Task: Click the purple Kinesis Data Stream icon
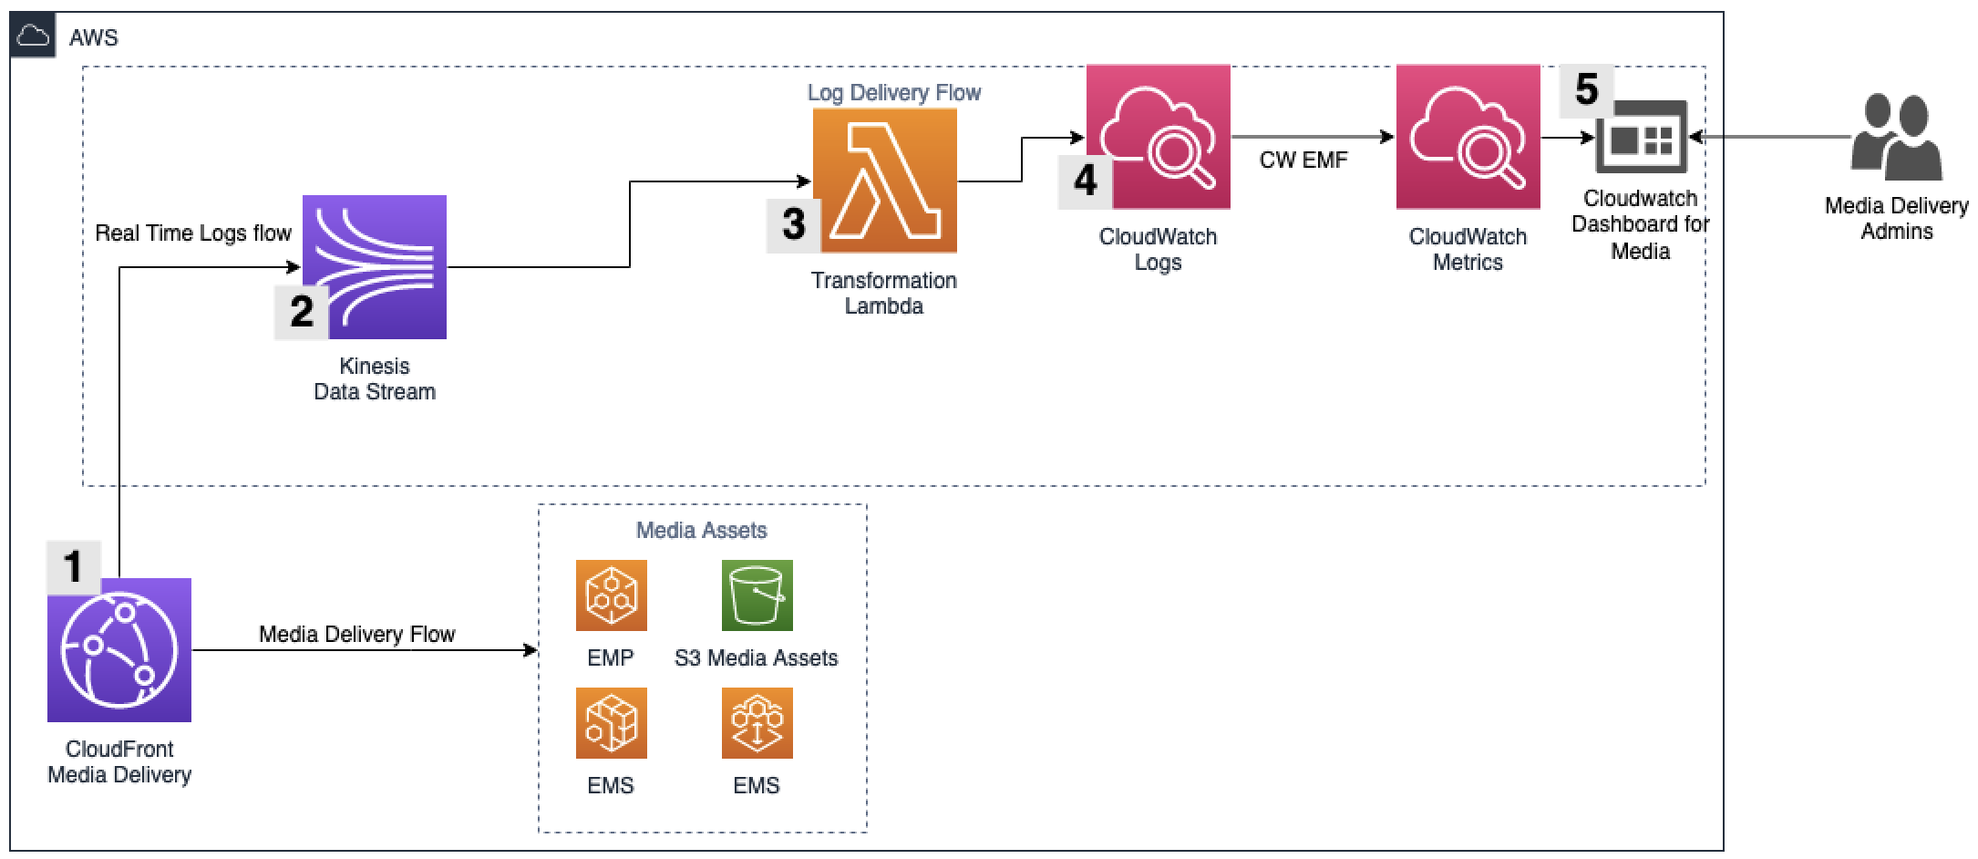375,266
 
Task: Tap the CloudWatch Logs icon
1159,137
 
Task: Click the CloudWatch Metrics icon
1468,137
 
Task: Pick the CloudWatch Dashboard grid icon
1641,139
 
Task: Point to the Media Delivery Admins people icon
1896,139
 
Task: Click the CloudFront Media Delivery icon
119,649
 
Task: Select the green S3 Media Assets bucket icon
757,595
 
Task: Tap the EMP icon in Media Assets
611,595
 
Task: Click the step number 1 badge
73,566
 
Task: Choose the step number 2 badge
301,312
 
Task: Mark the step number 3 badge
793,224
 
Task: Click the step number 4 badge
1085,181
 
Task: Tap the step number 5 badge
1586,89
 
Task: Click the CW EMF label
1303,160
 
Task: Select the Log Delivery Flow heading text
893,92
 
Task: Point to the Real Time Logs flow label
193,233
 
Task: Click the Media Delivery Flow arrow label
356,635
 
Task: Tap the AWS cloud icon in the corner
34,36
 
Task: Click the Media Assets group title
701,530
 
